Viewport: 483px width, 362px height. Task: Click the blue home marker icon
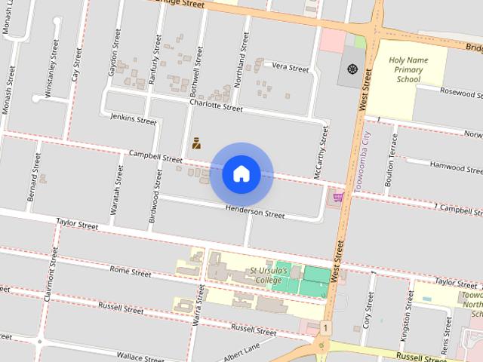241,173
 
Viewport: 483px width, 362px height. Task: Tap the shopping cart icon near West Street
337,198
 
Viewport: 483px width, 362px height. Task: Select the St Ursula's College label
266,275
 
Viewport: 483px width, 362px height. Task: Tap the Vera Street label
291,68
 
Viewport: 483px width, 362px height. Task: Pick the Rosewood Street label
460,94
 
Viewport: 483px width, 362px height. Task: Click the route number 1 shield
325,328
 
